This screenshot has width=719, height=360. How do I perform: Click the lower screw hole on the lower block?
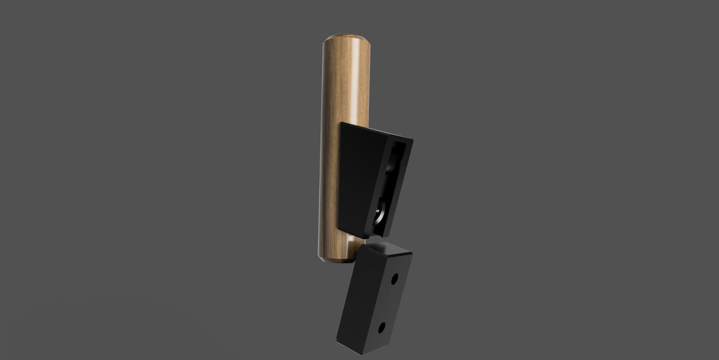pos(382,327)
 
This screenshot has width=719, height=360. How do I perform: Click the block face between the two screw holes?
pos(389,303)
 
